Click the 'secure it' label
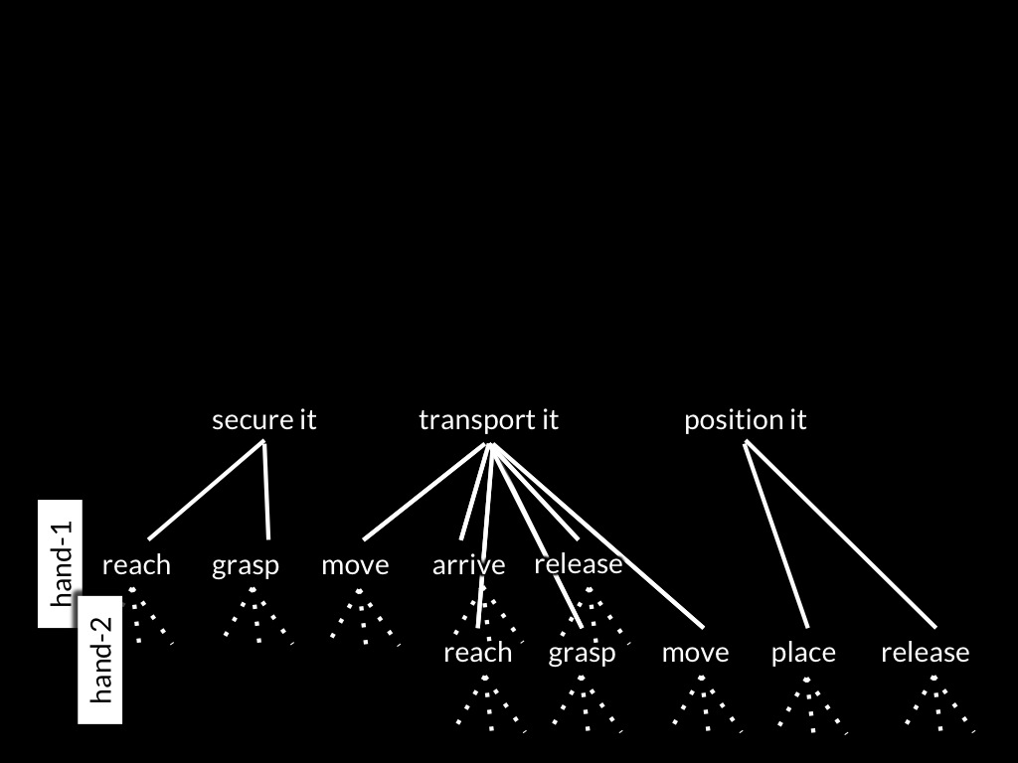pyautogui.click(x=264, y=420)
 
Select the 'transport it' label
pyautogui.click(x=488, y=420)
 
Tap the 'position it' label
pyautogui.click(x=746, y=420)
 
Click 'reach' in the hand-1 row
pyautogui.click(x=136, y=565)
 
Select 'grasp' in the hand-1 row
pyautogui.click(x=246, y=566)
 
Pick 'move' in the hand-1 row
pyautogui.click(x=355, y=566)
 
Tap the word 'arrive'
pyautogui.click(x=469, y=565)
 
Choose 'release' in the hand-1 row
pyautogui.click(x=579, y=564)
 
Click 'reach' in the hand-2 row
pyautogui.click(x=478, y=653)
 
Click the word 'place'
pyautogui.click(x=803, y=653)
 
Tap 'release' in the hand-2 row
pyautogui.click(x=926, y=653)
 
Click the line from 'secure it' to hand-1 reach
pyautogui.click(x=207, y=490)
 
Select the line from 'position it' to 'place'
pyautogui.click(x=775, y=534)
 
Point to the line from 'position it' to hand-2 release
pyautogui.click(x=840, y=534)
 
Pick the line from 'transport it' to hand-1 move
pyautogui.click(x=424, y=491)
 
